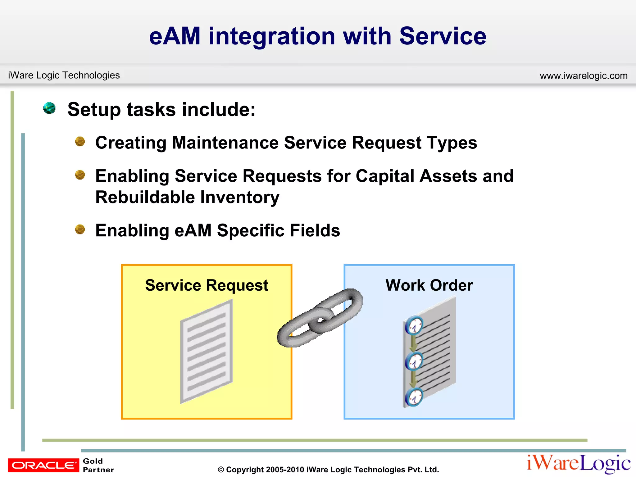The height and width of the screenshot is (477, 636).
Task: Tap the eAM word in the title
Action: [175, 36]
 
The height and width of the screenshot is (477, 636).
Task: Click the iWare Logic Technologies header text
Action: [64, 75]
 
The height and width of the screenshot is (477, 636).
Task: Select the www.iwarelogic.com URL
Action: [584, 75]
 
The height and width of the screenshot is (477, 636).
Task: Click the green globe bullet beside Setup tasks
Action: [49, 108]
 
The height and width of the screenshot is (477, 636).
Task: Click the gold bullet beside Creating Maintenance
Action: [80, 142]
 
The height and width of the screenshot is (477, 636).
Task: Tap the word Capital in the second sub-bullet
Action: [385, 176]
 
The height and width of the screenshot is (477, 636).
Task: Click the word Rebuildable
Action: [145, 197]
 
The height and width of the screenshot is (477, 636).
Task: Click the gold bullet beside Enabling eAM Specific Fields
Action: [80, 229]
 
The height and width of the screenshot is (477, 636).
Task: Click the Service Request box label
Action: [207, 285]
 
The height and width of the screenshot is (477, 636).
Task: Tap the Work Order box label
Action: [429, 285]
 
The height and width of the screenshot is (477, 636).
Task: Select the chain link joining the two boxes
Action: [320, 318]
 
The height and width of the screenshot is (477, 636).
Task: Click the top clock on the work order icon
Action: [414, 325]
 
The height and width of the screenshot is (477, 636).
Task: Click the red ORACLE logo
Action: [43, 465]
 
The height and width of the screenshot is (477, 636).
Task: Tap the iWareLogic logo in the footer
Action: [578, 464]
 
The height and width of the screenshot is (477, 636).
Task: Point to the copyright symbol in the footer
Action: [221, 470]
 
